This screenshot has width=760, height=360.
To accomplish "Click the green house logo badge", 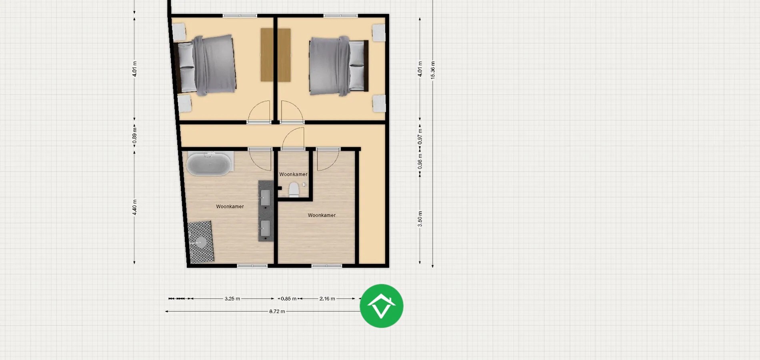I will pos(381,306).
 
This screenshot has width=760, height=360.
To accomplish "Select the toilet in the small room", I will pos(294,190).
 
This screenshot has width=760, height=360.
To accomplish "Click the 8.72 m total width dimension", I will pos(277,311).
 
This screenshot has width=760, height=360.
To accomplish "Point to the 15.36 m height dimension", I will pos(433,70).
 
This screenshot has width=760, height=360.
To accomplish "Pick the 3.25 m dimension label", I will pos(232,298).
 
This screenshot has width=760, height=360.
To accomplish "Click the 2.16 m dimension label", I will pos(327,298).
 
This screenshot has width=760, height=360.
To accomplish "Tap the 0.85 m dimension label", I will pos(288,298).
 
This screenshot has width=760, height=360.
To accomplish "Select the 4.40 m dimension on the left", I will pos(135,207).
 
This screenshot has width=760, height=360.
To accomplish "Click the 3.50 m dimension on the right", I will pos(420,219).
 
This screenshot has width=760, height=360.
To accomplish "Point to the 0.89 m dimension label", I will pos(135,136).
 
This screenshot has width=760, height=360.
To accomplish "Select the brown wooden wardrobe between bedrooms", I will pos(275,55).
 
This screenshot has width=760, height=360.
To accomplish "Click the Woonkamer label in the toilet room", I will pos(293,174).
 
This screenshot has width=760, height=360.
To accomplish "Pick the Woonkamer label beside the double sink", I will pos(230,207).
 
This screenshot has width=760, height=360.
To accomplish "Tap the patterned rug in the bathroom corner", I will pos(201,242).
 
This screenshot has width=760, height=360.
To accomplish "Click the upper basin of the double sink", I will pos(266,197).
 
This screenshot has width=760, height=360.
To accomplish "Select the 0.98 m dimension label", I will pos(420,161).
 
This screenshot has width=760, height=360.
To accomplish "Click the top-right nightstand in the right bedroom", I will pos(378,32).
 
